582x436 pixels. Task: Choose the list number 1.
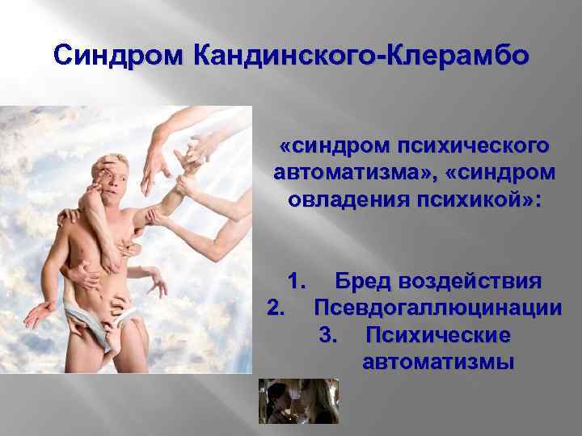click(297, 283)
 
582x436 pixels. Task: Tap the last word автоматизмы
click(438, 360)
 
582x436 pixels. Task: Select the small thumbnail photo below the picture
click(298, 400)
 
